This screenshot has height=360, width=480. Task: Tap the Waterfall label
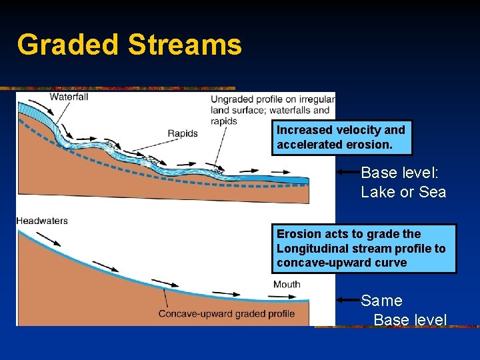click(69, 96)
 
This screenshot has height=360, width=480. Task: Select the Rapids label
click(182, 133)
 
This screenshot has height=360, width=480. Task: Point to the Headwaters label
click(42, 221)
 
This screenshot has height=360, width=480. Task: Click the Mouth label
click(287, 285)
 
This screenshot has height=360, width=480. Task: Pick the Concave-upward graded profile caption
click(226, 314)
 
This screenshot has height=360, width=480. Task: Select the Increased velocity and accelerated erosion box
click(341, 137)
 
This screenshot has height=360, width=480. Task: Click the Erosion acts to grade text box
click(365, 248)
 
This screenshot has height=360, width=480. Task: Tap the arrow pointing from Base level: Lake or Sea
click(347, 172)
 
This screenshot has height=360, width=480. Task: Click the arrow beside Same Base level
click(347, 300)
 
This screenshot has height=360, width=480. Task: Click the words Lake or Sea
click(403, 193)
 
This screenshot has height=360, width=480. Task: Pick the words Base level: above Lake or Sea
click(399, 173)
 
